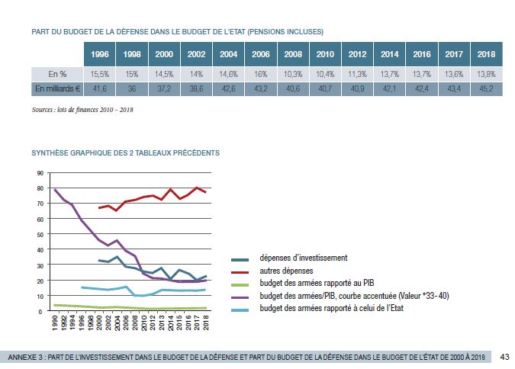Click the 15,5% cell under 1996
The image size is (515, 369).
(x=100, y=73)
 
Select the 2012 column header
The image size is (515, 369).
(x=357, y=54)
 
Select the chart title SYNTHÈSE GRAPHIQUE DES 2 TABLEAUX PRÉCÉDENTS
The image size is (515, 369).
(x=126, y=152)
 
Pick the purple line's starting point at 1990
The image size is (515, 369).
(x=55, y=190)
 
